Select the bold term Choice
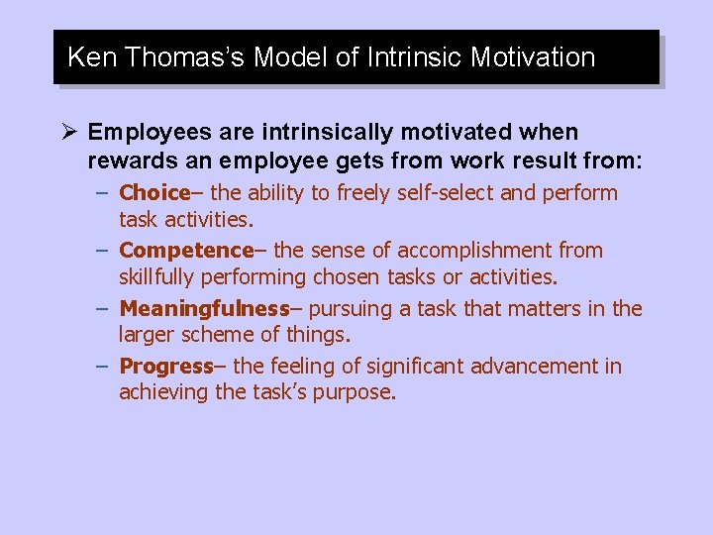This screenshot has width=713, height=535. [153, 193]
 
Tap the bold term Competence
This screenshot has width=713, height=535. [185, 251]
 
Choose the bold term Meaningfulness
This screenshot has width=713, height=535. [203, 308]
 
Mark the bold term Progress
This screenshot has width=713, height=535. [165, 366]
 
